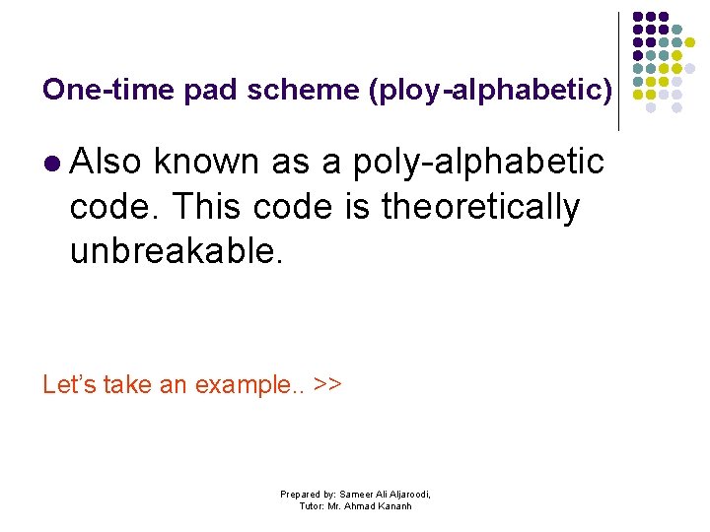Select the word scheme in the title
click(288, 90)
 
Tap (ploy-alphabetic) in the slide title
click(490, 91)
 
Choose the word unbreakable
click(177, 252)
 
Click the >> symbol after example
click(326, 384)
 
